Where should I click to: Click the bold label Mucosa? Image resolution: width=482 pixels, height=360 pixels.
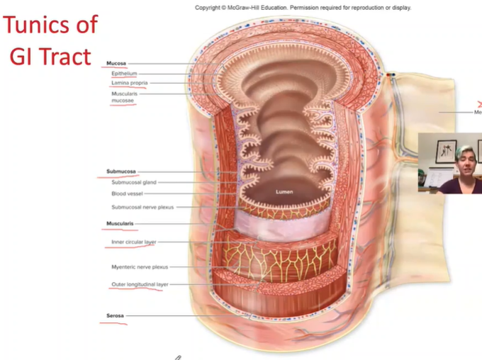point(116,63)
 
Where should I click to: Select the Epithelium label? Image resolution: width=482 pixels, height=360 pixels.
point(124,73)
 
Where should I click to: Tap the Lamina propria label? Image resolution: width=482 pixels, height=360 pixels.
point(129,83)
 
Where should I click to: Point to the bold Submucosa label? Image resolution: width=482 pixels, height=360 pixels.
point(121,171)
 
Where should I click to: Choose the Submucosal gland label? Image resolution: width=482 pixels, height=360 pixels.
point(133,182)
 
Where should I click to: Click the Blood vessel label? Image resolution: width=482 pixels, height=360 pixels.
point(128,193)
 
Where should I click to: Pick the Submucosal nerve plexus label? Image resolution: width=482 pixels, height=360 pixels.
point(142,207)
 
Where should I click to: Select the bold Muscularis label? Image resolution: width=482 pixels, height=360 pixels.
point(121,224)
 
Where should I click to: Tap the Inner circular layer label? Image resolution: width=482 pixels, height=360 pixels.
point(133,242)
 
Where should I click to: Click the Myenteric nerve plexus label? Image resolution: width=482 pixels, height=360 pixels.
point(140,267)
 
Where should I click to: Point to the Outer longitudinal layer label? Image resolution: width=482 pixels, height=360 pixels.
point(140,284)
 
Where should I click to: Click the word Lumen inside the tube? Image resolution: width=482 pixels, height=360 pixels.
point(284,191)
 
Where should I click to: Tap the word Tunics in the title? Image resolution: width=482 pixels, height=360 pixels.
point(41,27)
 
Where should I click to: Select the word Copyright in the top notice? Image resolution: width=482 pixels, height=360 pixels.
point(209,8)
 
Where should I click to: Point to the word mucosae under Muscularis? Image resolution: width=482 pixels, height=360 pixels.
point(123,101)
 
